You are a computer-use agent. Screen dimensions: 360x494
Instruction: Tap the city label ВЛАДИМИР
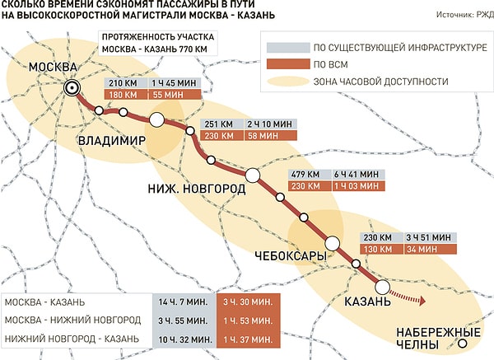(111, 142)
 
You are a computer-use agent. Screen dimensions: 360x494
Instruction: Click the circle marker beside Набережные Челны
(464, 343)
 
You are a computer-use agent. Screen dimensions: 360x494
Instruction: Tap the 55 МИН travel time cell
(168, 96)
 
